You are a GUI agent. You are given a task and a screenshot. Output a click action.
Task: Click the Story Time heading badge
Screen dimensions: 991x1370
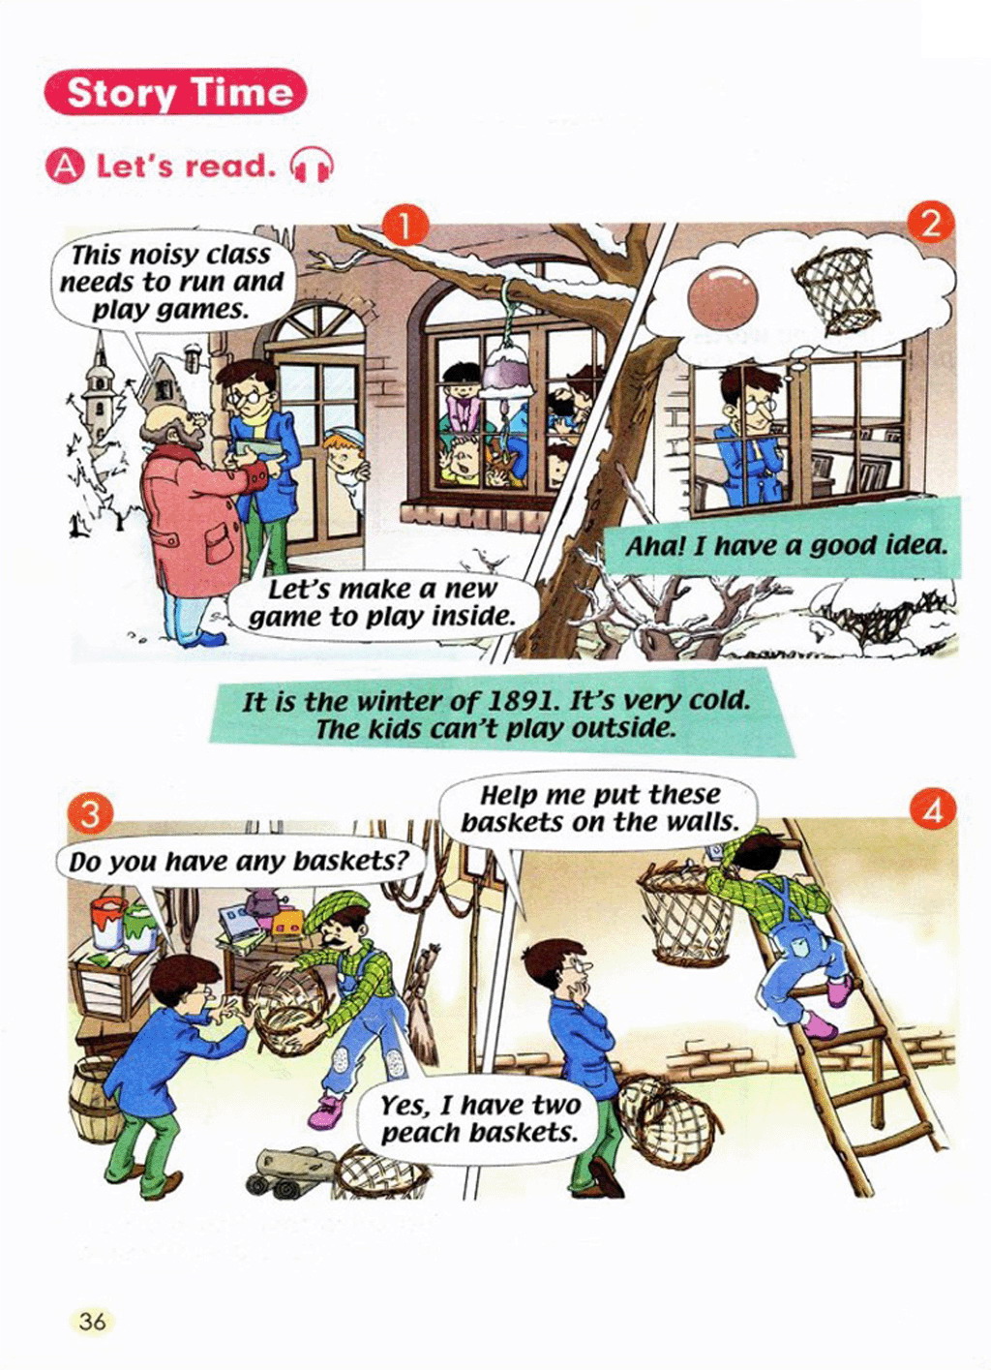(175, 92)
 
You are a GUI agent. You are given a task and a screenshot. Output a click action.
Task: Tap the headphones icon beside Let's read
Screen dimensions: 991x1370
(312, 166)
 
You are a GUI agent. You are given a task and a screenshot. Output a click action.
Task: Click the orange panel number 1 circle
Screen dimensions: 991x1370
(405, 226)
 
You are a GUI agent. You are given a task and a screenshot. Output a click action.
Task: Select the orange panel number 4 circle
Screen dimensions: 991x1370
(933, 812)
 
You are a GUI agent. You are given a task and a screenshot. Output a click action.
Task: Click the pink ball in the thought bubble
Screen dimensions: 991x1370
(723, 296)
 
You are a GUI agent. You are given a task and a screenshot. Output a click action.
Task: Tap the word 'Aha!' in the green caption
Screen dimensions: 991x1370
(654, 546)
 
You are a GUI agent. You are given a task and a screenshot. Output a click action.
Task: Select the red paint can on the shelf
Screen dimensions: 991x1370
(107, 922)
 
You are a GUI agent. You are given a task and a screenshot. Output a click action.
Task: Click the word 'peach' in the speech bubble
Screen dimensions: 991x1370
(419, 1134)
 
